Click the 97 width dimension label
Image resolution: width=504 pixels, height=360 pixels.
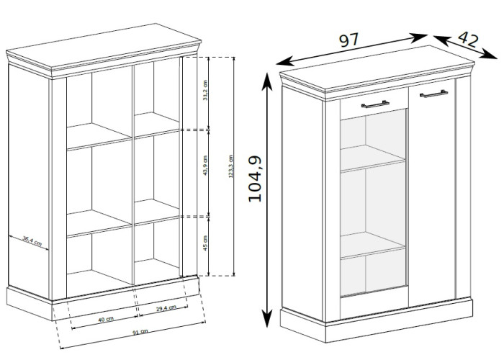[348, 40]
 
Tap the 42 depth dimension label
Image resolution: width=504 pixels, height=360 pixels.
[468, 39]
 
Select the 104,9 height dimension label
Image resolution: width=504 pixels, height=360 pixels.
[255, 179]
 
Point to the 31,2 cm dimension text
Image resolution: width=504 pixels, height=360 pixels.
[205, 91]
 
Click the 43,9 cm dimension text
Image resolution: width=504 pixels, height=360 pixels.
[205, 166]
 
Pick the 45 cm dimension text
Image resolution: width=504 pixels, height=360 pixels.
[205, 243]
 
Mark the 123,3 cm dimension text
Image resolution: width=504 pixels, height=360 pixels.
[230, 166]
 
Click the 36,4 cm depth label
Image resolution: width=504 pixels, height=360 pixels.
[32, 240]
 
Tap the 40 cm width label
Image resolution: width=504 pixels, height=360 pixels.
[106, 319]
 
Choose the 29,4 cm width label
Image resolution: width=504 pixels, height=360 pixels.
[166, 308]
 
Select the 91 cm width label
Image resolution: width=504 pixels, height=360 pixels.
[140, 332]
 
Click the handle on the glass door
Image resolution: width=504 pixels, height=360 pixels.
[375, 104]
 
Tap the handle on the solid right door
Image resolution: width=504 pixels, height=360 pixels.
[433, 94]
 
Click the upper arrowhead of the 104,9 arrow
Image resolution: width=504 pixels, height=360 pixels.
[266, 81]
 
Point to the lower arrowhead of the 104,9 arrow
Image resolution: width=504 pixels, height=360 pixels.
[266, 318]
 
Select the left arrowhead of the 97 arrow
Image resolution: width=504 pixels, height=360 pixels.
[285, 61]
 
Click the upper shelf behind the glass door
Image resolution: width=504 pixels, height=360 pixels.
[372, 158]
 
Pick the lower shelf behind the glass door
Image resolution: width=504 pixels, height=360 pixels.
[372, 245]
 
